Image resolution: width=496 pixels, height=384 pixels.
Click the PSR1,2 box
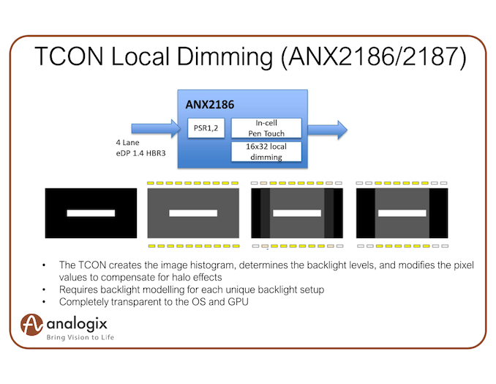click(x=206, y=128)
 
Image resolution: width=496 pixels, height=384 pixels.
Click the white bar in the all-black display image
click(x=91, y=213)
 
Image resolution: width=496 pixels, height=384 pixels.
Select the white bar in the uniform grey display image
click(x=193, y=213)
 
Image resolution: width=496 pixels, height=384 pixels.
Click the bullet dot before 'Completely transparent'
click(x=45, y=302)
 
